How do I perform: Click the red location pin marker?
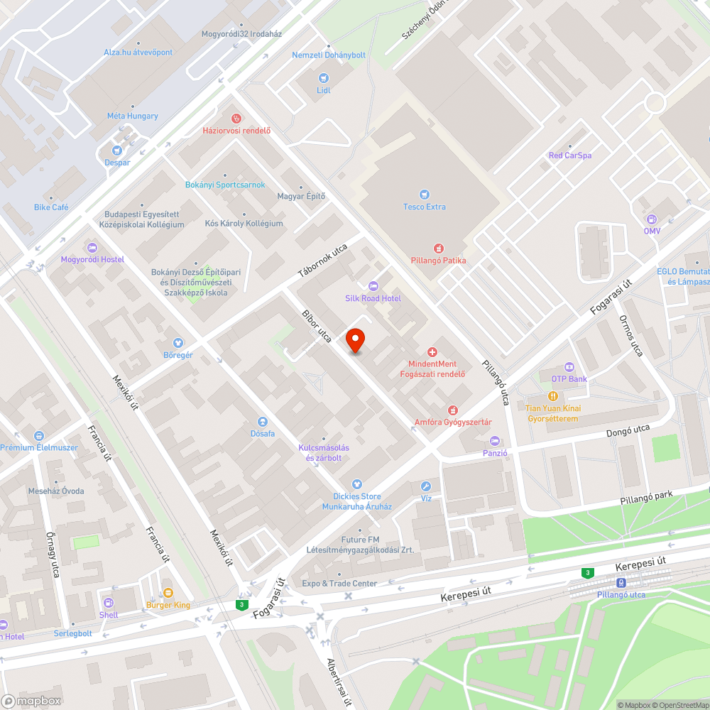pos(355,341)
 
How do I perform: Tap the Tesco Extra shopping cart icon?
pos(425,194)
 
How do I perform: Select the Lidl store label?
pos(324,90)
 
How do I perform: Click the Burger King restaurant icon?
pos(168,592)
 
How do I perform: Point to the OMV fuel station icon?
pos(652,219)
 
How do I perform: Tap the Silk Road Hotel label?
pos(373,298)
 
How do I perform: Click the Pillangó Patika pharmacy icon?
pos(438,248)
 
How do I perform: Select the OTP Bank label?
pos(568,378)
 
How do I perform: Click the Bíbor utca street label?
pos(317,327)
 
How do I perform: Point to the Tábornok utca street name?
pos(322,261)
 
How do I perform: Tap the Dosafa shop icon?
pos(263,421)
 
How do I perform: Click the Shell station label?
pos(109,615)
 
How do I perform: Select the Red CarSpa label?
pos(569,155)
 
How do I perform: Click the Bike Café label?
pos(51,207)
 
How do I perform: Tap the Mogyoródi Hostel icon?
pos(92,247)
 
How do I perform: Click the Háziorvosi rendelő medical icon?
pos(236,118)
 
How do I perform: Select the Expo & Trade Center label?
pos(339,584)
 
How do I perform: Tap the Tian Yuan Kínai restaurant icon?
pos(552,396)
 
